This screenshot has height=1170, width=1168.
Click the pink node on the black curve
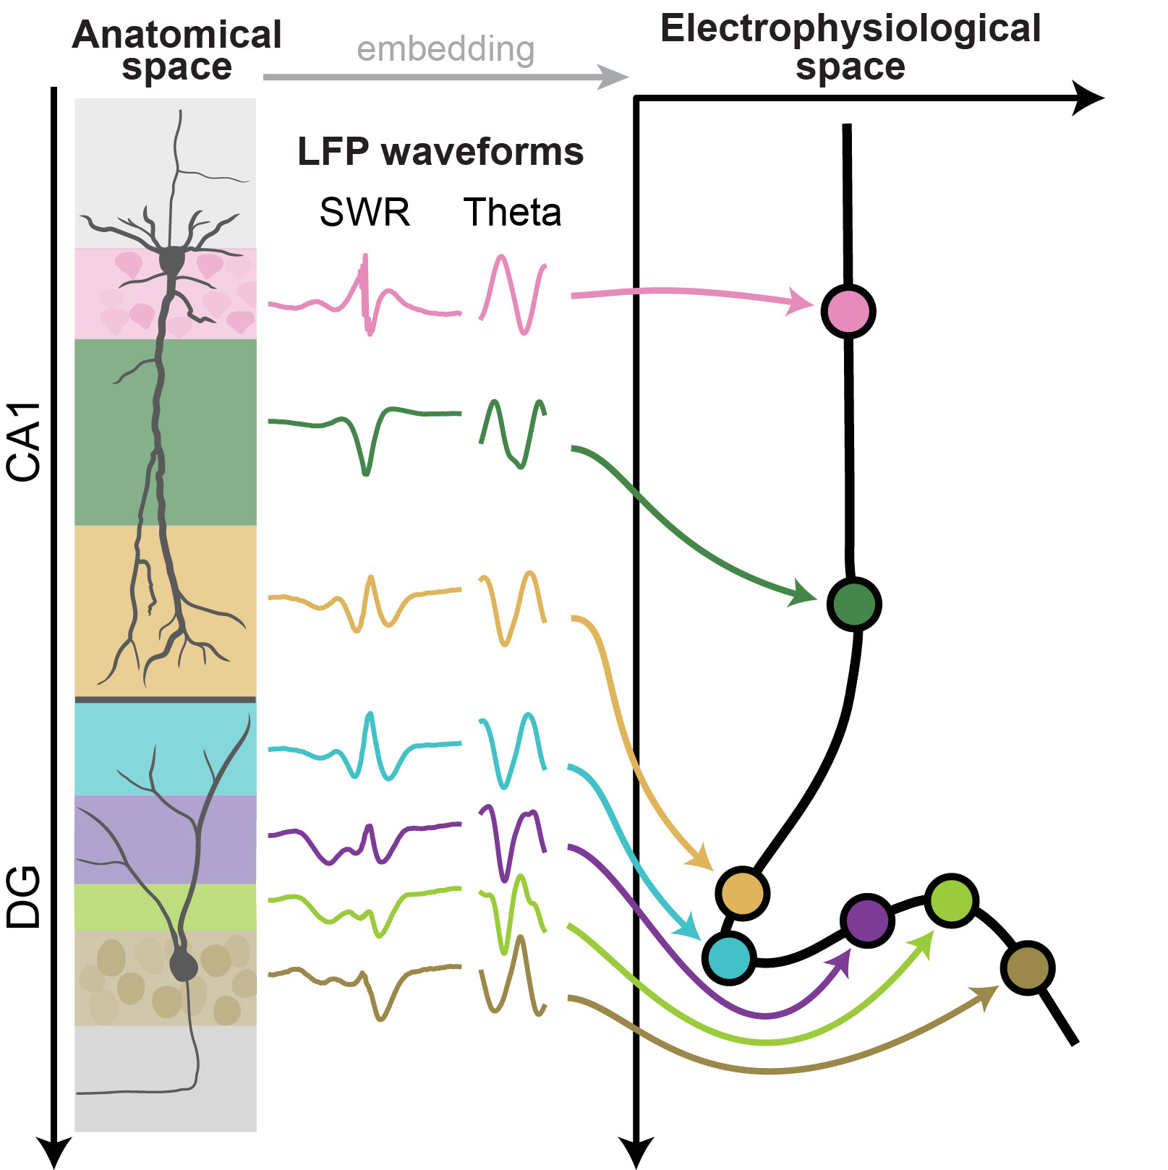point(848,311)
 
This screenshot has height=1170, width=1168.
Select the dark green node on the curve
point(853,604)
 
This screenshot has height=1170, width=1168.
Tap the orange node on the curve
point(742,893)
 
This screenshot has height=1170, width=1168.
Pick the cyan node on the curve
point(729,957)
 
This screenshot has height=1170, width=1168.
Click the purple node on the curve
point(867,921)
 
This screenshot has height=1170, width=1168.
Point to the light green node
point(952,900)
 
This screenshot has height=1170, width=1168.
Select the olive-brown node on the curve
point(1027,968)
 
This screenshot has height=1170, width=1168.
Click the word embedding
point(446,49)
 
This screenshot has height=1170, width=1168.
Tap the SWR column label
point(365,213)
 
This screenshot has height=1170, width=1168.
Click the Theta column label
point(512,213)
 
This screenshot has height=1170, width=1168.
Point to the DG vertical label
point(23,897)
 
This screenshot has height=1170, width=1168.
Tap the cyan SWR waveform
point(365,748)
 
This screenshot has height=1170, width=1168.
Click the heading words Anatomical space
point(176,51)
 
